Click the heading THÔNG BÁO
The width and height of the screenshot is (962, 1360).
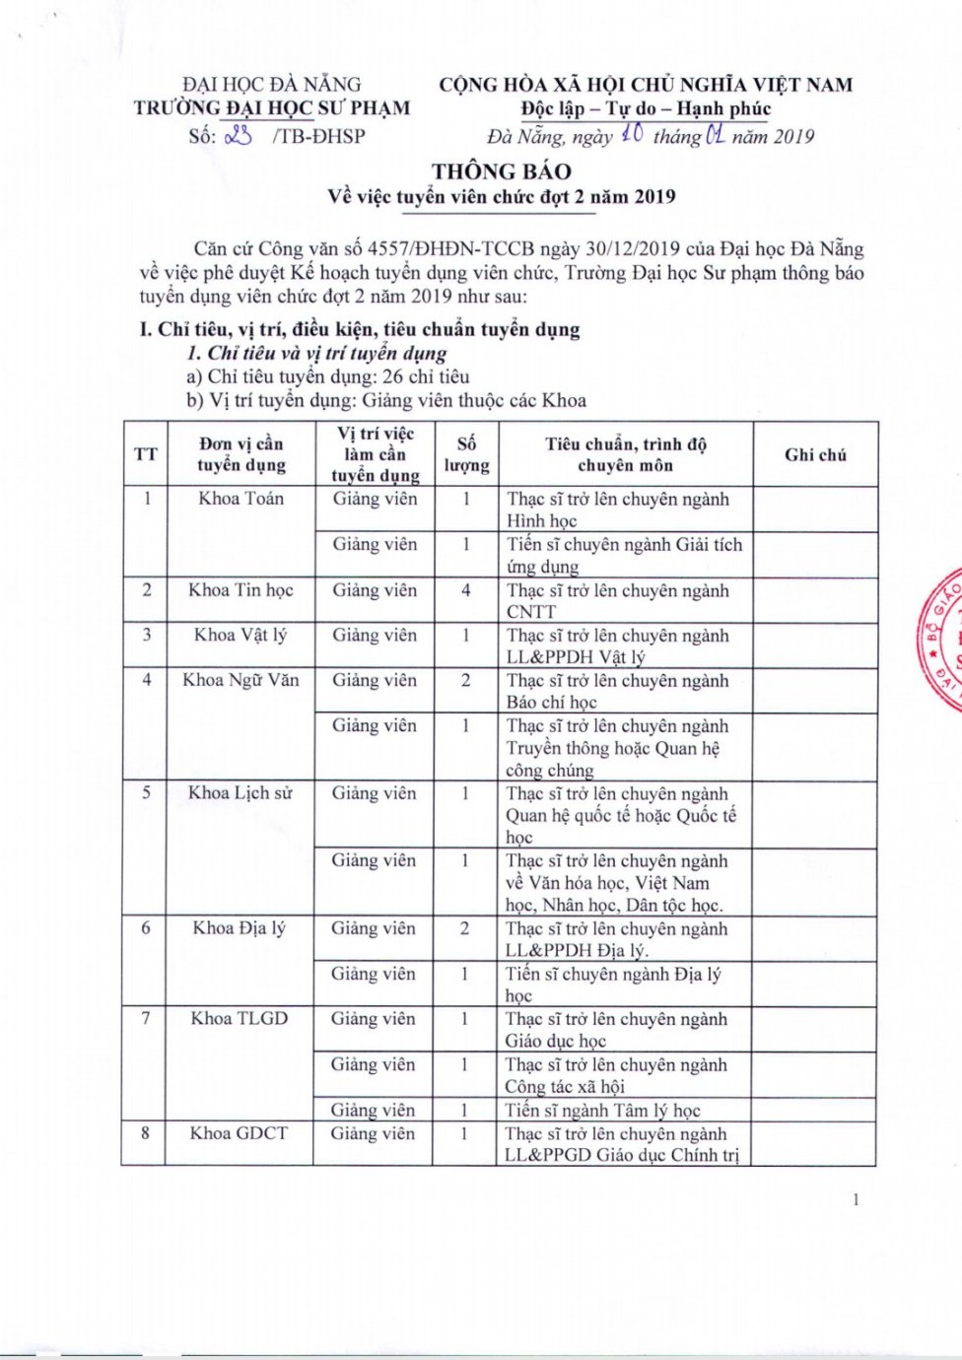pos(501,170)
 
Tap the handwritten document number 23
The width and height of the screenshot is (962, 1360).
pos(239,136)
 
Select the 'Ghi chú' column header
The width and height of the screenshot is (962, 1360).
pos(815,454)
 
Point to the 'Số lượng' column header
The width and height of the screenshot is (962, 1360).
pos(466,454)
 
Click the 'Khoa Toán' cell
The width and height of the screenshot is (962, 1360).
pos(240,499)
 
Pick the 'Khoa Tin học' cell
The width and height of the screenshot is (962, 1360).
pos(240,590)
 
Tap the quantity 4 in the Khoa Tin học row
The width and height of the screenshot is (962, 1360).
pos(466,590)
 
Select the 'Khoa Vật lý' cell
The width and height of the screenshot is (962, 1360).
pos(240,635)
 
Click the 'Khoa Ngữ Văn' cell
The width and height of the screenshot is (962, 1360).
pos(240,680)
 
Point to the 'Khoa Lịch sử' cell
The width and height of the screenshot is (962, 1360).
pos(240,793)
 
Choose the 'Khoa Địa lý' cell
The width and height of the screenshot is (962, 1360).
pos(240,928)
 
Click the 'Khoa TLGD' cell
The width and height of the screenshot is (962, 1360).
pos(240,1019)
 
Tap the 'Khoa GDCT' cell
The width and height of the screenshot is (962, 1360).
pos(240,1133)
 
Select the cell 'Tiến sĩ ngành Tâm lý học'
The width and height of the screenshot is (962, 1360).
pos(602,1111)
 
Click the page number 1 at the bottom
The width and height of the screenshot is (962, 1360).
pos(856,1199)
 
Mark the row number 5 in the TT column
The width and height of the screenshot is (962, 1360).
pos(146,793)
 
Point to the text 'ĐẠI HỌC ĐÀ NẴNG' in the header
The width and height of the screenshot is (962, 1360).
pos(272,85)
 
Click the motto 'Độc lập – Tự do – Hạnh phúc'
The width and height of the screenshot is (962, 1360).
pos(646,109)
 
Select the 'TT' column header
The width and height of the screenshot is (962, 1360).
pos(146,454)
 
